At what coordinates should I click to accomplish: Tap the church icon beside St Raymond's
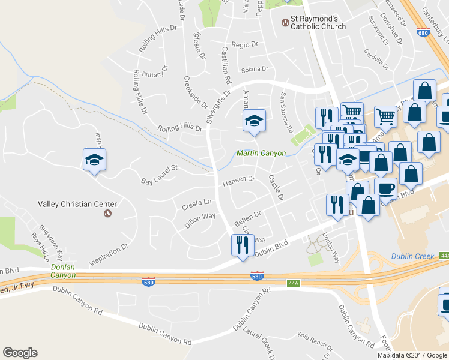(285, 23)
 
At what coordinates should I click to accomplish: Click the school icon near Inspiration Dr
(95, 160)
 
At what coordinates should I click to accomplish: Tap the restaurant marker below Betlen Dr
(243, 245)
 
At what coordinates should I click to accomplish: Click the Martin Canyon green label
(261, 154)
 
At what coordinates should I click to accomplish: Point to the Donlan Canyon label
(63, 271)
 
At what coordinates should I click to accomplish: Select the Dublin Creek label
(412, 256)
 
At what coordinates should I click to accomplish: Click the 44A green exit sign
(292, 283)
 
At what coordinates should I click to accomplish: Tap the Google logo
(20, 353)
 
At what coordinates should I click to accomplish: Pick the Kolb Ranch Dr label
(315, 341)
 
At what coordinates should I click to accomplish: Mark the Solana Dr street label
(254, 70)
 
